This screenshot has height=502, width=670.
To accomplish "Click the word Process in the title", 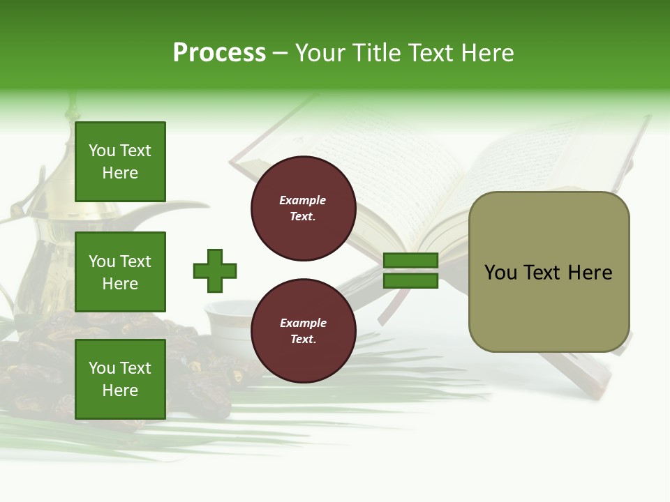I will [x=219, y=53].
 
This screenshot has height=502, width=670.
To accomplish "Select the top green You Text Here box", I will [x=120, y=162].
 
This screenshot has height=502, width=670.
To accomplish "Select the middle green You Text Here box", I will [x=120, y=272].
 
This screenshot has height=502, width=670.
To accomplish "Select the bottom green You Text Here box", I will [x=120, y=379].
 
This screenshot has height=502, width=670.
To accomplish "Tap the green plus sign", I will [x=215, y=271].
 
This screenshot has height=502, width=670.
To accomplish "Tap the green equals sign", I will [x=410, y=271].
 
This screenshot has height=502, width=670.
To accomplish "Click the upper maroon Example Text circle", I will [x=303, y=208].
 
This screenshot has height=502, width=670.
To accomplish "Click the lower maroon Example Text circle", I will [x=303, y=331].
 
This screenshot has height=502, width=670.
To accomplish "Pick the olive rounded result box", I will [x=549, y=272].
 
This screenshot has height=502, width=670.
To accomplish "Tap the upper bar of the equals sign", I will [x=410, y=261].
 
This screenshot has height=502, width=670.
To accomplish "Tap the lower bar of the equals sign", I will [x=410, y=281].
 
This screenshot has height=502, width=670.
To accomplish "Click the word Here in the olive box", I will [x=590, y=273].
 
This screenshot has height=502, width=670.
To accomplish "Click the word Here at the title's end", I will [x=486, y=53].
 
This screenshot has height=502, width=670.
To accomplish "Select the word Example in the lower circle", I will [x=303, y=323].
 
